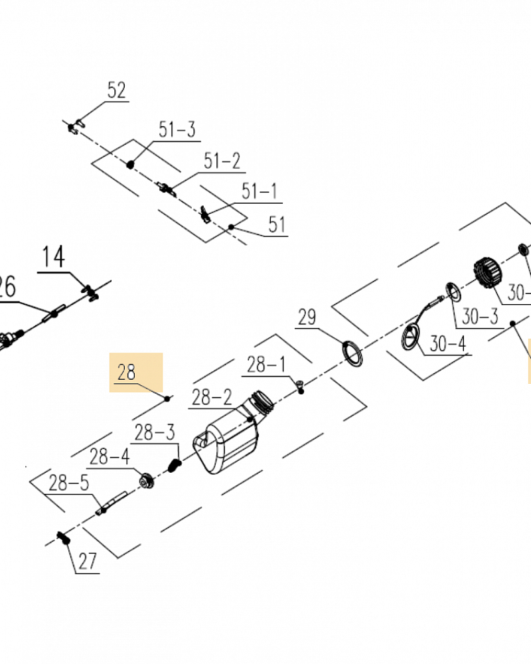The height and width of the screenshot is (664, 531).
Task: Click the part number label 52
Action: (x=116, y=91)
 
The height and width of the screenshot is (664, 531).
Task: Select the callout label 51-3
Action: (x=177, y=129)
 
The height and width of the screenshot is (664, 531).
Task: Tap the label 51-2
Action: (x=222, y=161)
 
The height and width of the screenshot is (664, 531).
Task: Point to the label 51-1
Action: (x=259, y=192)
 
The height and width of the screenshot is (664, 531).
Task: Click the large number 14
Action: (x=55, y=257)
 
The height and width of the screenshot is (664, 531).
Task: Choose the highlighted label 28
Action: (x=127, y=373)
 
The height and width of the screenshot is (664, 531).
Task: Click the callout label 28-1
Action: (x=265, y=365)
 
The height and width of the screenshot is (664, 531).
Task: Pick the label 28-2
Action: (x=212, y=398)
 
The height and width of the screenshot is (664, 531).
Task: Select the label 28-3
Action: (x=155, y=433)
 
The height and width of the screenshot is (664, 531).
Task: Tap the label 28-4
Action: (x=110, y=457)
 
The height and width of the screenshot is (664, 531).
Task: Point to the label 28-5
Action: (x=68, y=483)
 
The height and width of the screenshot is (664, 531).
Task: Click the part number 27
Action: (x=87, y=562)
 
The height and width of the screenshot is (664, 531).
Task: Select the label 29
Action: (x=307, y=317)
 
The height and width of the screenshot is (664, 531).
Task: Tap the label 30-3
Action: (x=479, y=317)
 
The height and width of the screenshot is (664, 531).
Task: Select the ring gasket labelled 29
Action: (x=352, y=352)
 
